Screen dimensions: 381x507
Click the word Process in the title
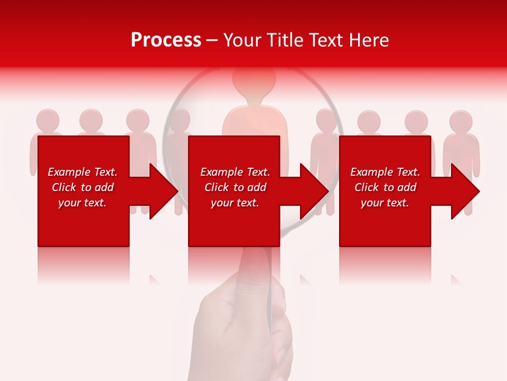166,40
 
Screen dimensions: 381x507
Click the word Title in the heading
284,40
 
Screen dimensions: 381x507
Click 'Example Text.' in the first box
82,172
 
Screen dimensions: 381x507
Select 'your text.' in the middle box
235,203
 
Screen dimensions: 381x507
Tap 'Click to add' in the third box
386,187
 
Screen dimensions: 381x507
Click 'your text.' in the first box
82,203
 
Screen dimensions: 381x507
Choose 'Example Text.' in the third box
386,172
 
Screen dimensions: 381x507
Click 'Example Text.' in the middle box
235,172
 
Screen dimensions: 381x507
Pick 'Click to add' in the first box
82,187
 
